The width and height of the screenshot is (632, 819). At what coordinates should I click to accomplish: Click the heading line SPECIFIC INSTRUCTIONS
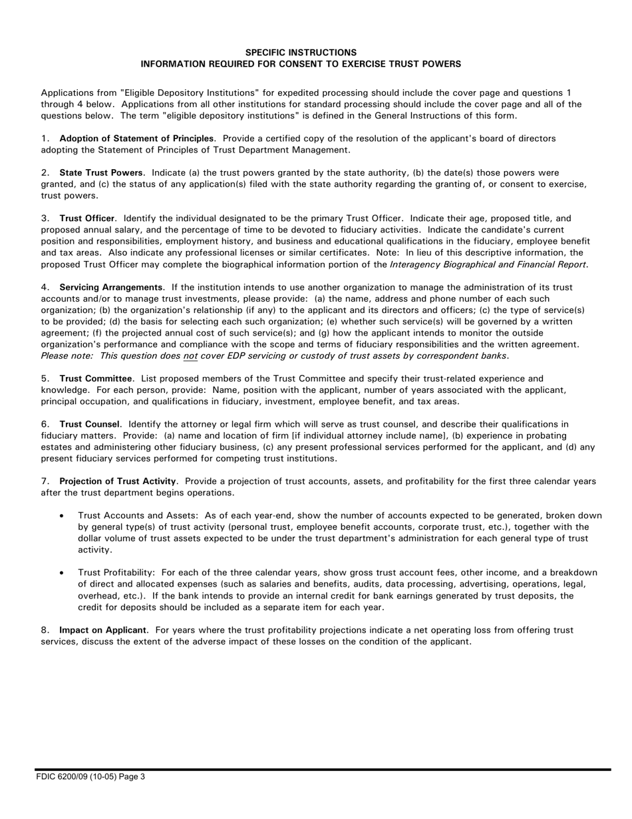click(x=301, y=52)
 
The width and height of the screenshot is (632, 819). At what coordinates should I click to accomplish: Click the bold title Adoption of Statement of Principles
click(x=136, y=138)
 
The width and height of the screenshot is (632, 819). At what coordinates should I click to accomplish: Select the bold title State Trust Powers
click(x=101, y=173)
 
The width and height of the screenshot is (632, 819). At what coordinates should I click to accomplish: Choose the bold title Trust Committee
click(x=96, y=378)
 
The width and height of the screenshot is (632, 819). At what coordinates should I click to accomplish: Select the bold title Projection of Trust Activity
click(x=118, y=481)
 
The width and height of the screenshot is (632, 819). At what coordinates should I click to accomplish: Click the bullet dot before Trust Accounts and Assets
click(x=62, y=516)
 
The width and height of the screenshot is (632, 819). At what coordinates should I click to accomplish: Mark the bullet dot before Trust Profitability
click(x=62, y=573)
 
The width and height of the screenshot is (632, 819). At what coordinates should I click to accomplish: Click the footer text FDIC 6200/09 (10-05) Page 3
click(x=90, y=775)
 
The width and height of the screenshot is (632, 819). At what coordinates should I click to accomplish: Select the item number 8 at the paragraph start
click(x=44, y=630)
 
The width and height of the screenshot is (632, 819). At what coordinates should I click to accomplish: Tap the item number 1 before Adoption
click(x=44, y=138)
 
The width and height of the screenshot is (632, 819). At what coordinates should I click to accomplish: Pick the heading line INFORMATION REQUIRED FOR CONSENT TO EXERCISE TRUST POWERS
click(x=301, y=64)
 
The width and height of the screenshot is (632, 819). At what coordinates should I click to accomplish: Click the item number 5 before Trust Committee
click(x=44, y=378)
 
